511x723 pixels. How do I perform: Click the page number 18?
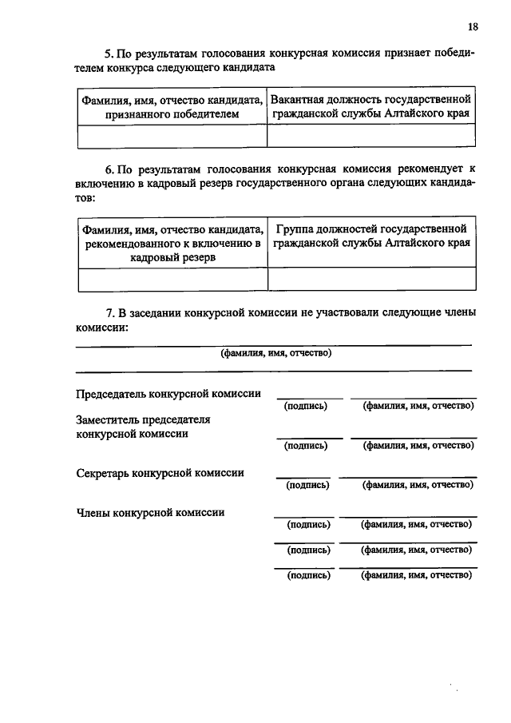tap(473, 26)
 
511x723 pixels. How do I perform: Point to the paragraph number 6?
tap(110, 170)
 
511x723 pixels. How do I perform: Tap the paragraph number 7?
tap(110, 313)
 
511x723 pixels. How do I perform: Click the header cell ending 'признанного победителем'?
tap(172, 107)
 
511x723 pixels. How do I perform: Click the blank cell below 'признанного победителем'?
tap(172, 137)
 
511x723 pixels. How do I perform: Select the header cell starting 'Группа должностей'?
tap(371, 237)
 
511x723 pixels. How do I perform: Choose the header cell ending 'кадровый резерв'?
tap(172, 243)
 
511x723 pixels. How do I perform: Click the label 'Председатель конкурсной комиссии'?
tap(168, 394)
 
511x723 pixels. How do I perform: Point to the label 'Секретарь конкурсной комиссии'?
tap(160, 473)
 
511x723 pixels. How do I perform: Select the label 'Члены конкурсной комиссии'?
tap(149, 513)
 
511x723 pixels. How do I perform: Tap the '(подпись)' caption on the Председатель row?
tap(306, 406)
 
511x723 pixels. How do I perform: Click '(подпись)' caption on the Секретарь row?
tap(307, 485)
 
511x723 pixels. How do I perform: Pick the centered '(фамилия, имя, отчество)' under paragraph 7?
tap(275, 353)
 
